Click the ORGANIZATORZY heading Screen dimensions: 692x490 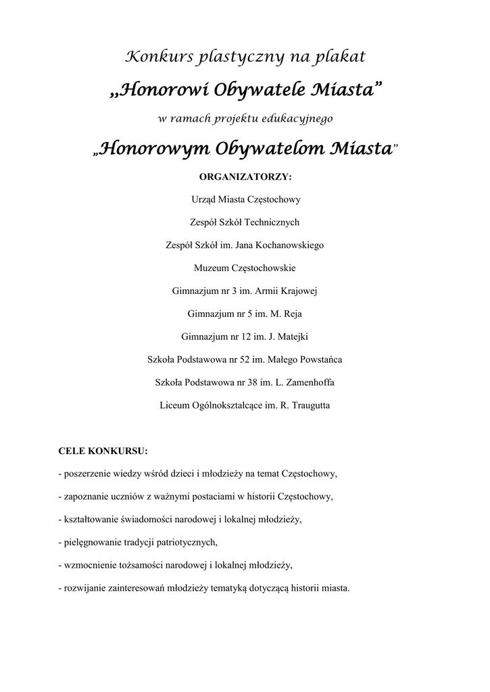pos(245,177)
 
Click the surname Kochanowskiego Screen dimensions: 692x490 pos(291,245)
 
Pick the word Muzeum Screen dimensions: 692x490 pos(211,268)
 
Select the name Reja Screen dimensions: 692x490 pos(293,314)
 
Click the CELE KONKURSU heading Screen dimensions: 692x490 pos(103,451)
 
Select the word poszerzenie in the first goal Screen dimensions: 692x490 pos(87,474)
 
